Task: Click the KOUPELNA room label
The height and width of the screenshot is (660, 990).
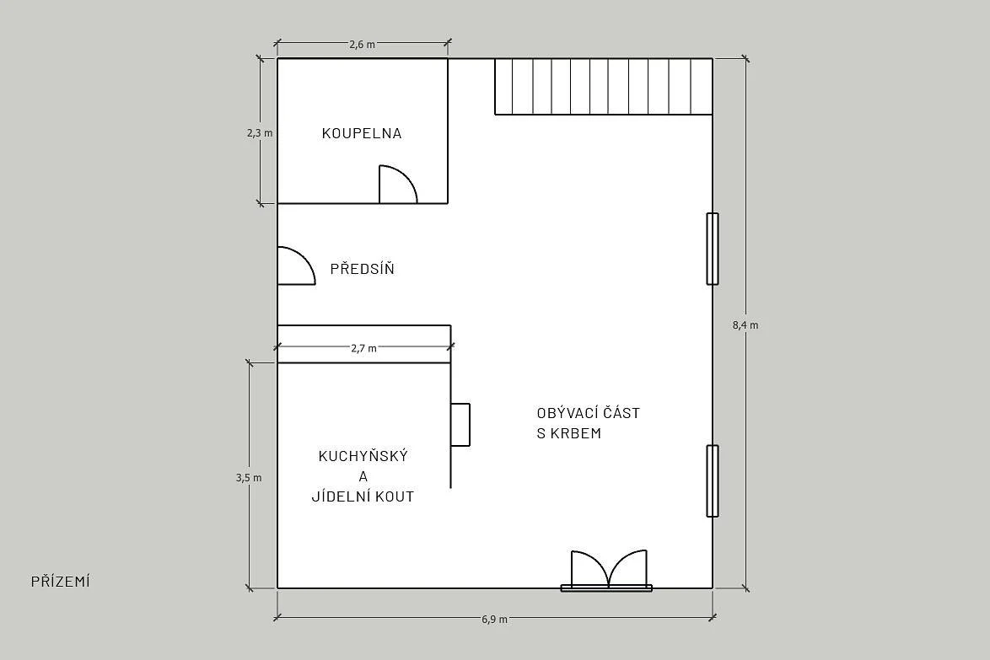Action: [x=362, y=133]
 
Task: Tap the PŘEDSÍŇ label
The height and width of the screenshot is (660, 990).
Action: [x=363, y=268]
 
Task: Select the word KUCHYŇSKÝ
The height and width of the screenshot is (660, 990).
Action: [x=363, y=455]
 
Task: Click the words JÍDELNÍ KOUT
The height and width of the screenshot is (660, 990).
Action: [x=363, y=496]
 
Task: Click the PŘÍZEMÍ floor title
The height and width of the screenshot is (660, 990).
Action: [x=61, y=581]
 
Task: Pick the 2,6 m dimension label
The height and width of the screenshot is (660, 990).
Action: [x=363, y=44]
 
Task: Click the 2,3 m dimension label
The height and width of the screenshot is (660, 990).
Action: [x=260, y=133]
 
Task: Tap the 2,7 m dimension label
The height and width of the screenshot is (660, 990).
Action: [x=363, y=347]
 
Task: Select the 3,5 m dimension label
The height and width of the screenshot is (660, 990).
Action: [x=249, y=478]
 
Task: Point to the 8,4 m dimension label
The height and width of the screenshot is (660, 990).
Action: [x=745, y=325]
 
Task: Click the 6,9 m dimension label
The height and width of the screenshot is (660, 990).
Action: [x=494, y=619]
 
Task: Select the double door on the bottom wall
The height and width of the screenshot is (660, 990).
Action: [x=607, y=571]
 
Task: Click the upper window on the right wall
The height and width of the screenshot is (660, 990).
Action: [x=713, y=249]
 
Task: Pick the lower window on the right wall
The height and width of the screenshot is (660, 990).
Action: [x=713, y=480]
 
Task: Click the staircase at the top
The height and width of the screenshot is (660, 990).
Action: [x=604, y=87]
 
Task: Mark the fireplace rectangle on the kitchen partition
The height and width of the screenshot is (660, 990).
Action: [x=460, y=425]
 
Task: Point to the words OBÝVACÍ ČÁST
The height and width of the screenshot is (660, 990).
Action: [x=589, y=413]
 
